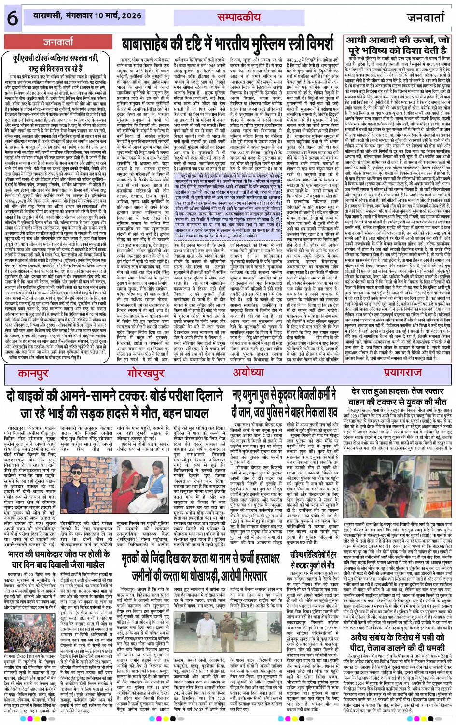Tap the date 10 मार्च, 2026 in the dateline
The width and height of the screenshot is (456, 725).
[x=118, y=15]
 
